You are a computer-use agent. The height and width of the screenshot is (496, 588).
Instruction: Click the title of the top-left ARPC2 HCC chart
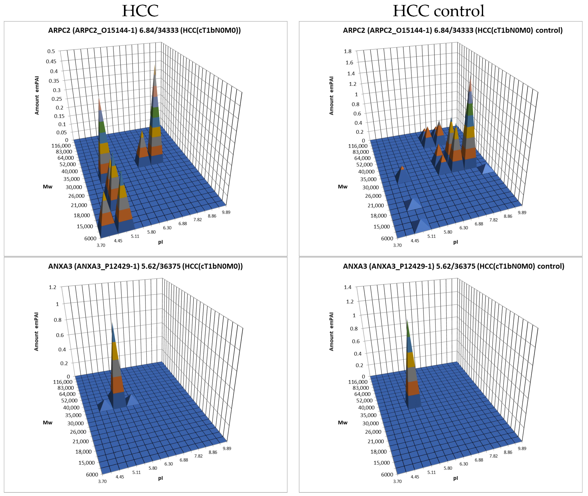click(144, 30)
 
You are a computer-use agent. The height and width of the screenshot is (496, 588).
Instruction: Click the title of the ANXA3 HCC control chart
click(453, 266)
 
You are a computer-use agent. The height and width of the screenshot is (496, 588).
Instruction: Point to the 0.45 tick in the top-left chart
click(51, 61)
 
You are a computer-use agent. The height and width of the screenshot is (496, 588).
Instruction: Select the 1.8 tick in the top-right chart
click(348, 51)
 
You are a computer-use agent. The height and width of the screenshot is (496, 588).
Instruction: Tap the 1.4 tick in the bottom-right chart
click(348, 287)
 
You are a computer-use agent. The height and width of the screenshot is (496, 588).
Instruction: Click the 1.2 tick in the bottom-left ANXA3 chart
click(53, 287)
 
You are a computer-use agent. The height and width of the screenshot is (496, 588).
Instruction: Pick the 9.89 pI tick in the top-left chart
click(226, 212)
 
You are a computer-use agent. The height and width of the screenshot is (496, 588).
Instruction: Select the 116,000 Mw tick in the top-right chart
click(358, 146)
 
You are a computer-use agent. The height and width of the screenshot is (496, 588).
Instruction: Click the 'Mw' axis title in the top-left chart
click(48, 187)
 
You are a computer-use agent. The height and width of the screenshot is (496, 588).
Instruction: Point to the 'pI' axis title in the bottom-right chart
click(455, 478)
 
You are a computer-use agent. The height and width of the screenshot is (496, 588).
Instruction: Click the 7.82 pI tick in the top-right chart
click(493, 220)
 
